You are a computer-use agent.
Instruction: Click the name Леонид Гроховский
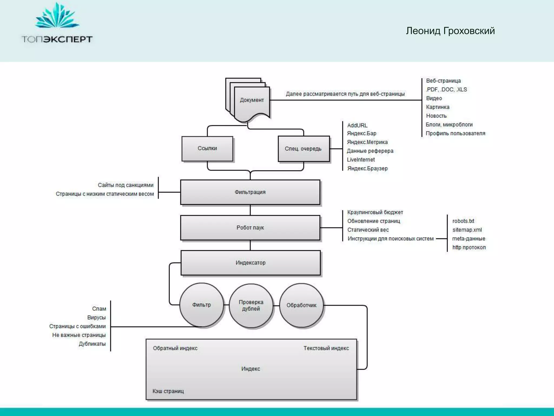pyautogui.click(x=450, y=31)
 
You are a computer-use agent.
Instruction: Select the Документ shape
pyautogui.click(x=252, y=100)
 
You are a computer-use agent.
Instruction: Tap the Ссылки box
pyautogui.click(x=207, y=148)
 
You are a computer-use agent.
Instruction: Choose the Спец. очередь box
pyautogui.click(x=303, y=149)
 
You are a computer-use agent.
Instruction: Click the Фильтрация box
pyautogui.click(x=250, y=192)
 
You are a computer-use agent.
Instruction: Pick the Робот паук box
pyautogui.click(x=250, y=227)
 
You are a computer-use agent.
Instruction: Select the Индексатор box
pyautogui.click(x=250, y=263)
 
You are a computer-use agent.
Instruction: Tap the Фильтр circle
pyautogui.click(x=202, y=305)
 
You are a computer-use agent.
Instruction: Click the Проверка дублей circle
pyautogui.click(x=251, y=305)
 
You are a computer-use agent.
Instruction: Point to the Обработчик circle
pyautogui.click(x=301, y=305)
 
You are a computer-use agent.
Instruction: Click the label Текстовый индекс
pyautogui.click(x=326, y=348)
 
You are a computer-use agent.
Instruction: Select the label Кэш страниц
pyautogui.click(x=168, y=391)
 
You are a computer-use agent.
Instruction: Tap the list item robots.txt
pyautogui.click(x=463, y=221)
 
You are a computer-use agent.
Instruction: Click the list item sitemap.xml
pyautogui.click(x=467, y=230)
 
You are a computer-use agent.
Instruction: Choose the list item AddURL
pyautogui.click(x=357, y=125)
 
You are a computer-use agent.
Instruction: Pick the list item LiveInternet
pyautogui.click(x=361, y=160)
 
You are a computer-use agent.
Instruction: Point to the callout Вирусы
pyautogui.click(x=96, y=317)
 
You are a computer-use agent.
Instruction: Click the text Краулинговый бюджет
pyautogui.click(x=375, y=212)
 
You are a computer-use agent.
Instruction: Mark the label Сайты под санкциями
pyautogui.click(x=126, y=185)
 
